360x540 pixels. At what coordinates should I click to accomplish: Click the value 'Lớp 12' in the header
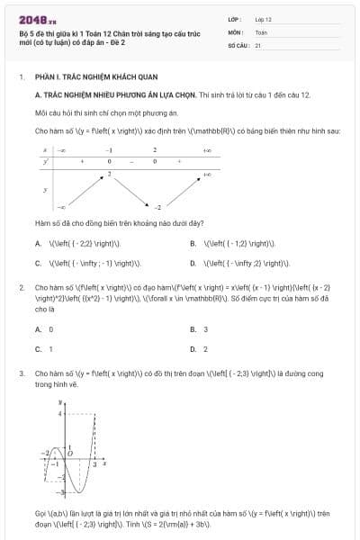pyautogui.click(x=263, y=18)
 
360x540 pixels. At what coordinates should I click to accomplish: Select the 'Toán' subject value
pyautogui.click(x=261, y=31)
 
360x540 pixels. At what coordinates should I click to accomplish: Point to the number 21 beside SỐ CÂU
pyautogui.click(x=258, y=44)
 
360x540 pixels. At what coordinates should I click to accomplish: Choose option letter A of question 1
pyautogui.click(x=38, y=243)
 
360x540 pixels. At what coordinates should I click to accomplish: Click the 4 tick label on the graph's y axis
pyautogui.click(x=59, y=414)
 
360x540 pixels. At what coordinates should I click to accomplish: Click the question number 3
pyautogui.click(x=21, y=372)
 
